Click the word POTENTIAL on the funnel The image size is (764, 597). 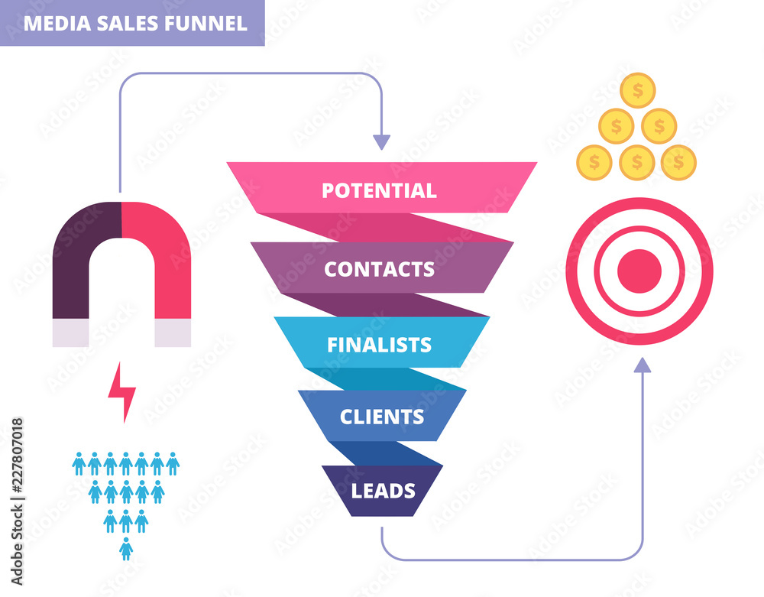click(x=379, y=190)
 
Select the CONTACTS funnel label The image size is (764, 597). click(x=379, y=269)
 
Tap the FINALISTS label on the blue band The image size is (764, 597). click(x=379, y=345)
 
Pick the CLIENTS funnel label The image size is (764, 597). click(x=381, y=417)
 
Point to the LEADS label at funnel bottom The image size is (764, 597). click(x=383, y=490)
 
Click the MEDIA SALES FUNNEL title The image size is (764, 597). click(x=135, y=23)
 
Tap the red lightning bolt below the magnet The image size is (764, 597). click(x=121, y=392)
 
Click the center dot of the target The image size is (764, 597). click(x=639, y=271)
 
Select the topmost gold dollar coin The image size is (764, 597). click(x=637, y=90)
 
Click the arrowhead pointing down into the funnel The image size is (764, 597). click(x=381, y=142)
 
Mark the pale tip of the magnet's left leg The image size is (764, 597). click(x=70, y=333)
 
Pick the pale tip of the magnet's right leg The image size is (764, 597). click(x=173, y=333)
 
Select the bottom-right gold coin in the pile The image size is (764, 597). click(x=678, y=162)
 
